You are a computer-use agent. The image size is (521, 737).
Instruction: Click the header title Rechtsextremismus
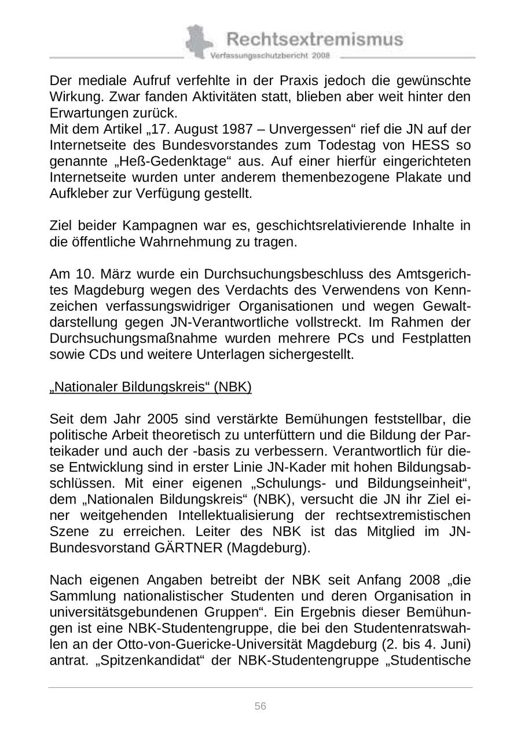314,39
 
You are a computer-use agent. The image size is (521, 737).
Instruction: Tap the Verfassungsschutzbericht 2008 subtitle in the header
270,56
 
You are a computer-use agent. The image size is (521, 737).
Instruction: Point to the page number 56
260,706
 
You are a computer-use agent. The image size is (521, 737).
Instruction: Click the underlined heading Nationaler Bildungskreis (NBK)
151,387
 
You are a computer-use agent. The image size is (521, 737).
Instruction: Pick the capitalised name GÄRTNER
189,548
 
